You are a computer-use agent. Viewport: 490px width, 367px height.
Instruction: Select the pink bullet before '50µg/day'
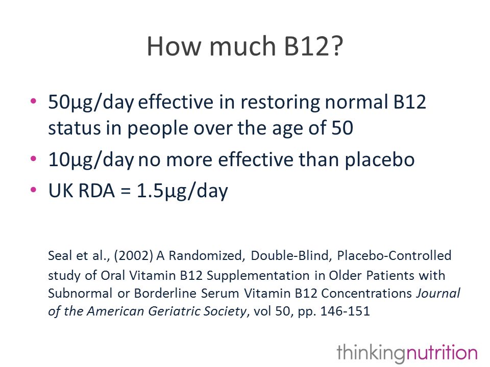[x=34, y=101]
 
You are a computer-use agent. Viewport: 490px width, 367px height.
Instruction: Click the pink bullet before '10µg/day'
[x=34, y=159]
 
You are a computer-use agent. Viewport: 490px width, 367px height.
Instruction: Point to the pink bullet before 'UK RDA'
[x=34, y=190]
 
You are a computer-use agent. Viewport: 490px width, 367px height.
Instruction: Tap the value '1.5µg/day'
[x=183, y=191]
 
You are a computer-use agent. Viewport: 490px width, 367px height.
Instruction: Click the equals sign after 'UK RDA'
[x=126, y=191]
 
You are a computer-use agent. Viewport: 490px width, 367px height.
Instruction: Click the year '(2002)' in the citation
[x=133, y=256]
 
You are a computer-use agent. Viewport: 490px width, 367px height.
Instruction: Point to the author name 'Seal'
[x=60, y=255]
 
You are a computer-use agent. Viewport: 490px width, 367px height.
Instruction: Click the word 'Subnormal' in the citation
[x=80, y=294]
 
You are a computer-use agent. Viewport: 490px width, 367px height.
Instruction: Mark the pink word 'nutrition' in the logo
[x=442, y=353]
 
